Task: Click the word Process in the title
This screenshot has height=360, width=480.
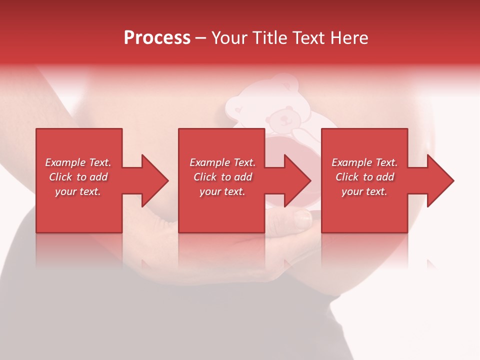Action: point(157,38)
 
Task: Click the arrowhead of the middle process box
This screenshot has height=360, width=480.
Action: point(296,180)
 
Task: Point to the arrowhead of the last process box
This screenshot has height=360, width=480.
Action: point(439,180)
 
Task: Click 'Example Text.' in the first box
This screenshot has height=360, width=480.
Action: point(78,162)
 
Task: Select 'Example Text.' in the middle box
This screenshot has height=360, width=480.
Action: point(222,162)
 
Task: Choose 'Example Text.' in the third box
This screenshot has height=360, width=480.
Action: point(364,162)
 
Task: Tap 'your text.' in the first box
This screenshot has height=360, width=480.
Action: point(78,191)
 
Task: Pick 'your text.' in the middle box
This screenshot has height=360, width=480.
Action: point(222,191)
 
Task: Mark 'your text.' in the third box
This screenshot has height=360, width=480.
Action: point(364,191)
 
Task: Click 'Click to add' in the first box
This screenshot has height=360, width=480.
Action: point(78,177)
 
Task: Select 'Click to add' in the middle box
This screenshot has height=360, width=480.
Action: point(222,177)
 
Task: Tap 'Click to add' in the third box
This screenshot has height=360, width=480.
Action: point(364,177)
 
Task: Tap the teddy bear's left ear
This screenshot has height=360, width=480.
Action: point(269,108)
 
